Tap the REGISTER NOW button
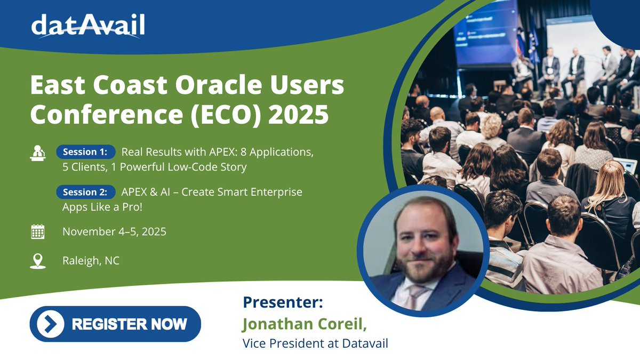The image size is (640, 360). pos(115,324)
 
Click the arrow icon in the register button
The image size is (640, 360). pos(51,324)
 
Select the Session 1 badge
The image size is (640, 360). pos(85,152)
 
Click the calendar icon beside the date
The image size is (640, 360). pos(38,231)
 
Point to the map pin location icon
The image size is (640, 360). pos(38,261)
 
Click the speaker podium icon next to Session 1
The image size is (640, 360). pos(38,153)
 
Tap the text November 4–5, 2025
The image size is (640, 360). pos(114,232)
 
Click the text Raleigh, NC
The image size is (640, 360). pos(91,261)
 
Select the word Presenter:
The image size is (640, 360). pos(283,303)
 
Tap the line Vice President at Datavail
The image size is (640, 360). pos(315,343)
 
